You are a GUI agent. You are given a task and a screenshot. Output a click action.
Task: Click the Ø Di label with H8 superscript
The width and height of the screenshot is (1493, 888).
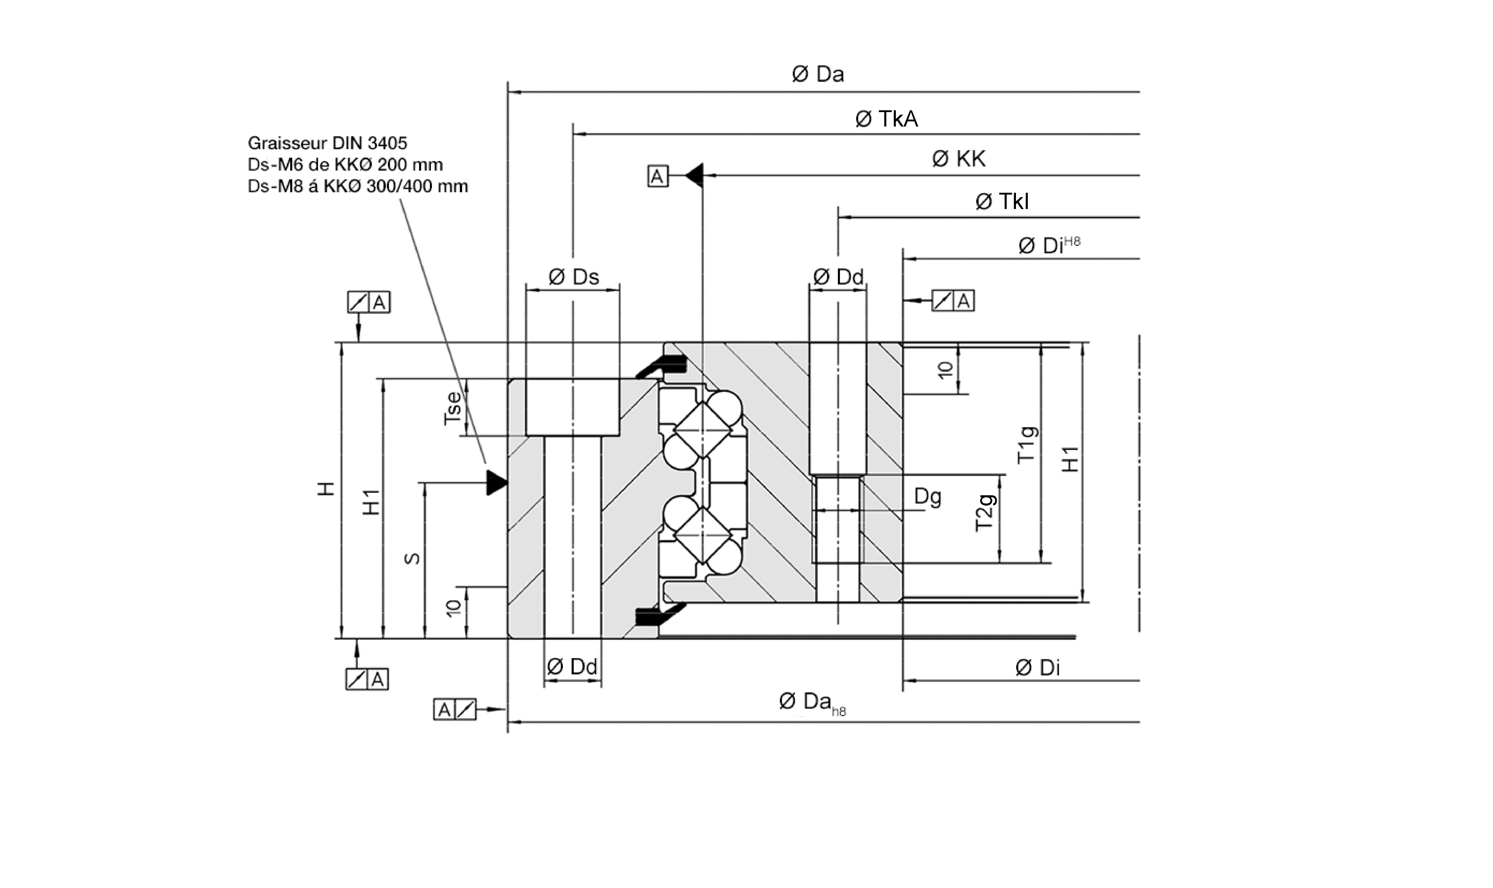(x=1048, y=245)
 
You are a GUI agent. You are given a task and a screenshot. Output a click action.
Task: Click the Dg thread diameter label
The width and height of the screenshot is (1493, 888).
(x=928, y=497)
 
